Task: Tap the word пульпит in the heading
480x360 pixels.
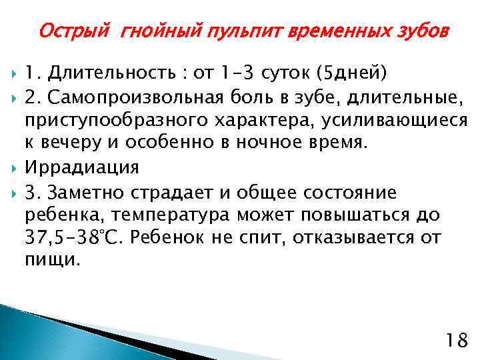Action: tap(227, 31)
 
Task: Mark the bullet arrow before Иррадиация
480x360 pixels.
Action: tap(14, 167)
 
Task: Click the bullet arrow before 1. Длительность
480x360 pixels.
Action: tap(14, 72)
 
